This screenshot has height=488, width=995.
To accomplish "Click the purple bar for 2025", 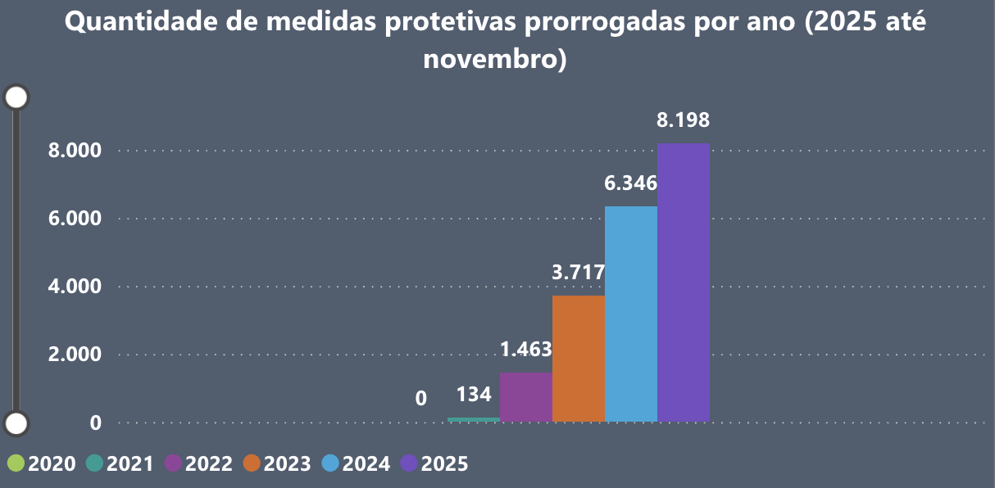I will click(x=683, y=282).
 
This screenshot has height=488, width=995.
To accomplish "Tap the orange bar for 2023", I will click(x=578, y=359).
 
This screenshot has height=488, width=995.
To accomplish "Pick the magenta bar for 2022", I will click(x=525, y=397).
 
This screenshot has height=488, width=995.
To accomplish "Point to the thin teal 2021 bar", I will click(x=473, y=419).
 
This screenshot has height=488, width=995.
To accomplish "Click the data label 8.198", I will click(x=683, y=120).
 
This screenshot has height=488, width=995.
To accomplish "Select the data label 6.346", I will click(x=630, y=183).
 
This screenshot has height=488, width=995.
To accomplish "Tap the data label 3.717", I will click(x=578, y=272).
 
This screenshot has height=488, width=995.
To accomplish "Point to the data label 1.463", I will click(x=525, y=350).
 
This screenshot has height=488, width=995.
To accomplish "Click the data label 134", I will click(x=474, y=395).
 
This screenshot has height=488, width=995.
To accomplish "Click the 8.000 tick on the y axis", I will click(x=75, y=151).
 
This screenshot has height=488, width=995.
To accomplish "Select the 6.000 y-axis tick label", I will click(x=75, y=219).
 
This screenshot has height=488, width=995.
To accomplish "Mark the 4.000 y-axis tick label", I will click(x=75, y=287).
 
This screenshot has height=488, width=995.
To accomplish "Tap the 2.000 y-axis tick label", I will click(x=75, y=355).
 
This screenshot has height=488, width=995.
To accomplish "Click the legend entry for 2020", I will click(x=42, y=463).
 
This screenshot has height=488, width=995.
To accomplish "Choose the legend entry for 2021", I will click(x=120, y=463).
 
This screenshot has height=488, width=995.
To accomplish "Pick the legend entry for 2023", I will click(x=278, y=463).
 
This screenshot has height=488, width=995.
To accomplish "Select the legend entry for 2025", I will click(x=435, y=463).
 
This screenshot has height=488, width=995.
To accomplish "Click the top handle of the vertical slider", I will click(x=16, y=97).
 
